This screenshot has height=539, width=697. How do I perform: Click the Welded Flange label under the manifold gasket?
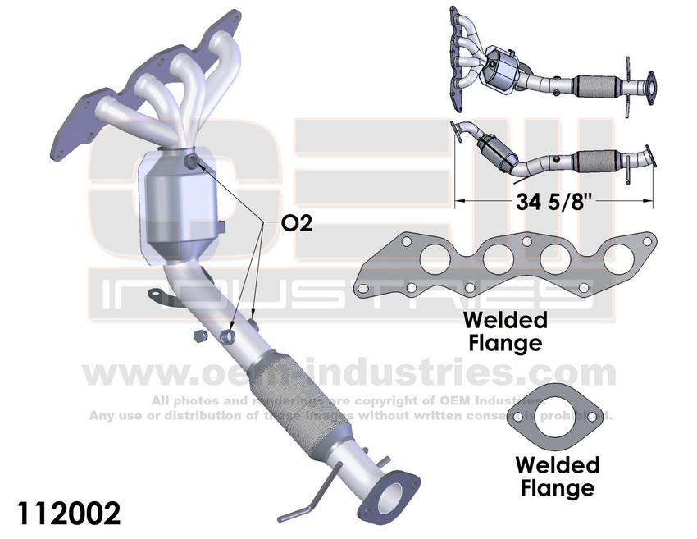pyautogui.click(x=504, y=331)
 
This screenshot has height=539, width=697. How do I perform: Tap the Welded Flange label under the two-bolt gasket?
pyautogui.click(x=558, y=477)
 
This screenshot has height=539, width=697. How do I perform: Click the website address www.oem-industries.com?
pyautogui.click(x=348, y=373)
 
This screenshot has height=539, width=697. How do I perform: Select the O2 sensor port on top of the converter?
pyautogui.click(x=192, y=161)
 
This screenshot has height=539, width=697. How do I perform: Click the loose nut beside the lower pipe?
pyautogui.click(x=198, y=336)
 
